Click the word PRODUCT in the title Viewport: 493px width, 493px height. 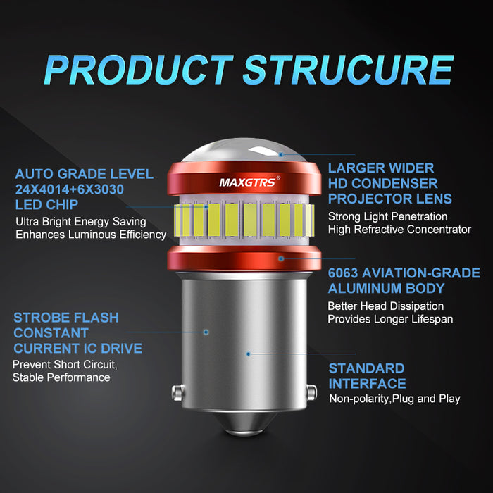point(139,70)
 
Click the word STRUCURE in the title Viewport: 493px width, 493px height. point(348,70)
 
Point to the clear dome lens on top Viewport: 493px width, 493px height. point(244,151)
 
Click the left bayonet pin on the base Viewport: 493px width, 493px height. point(177,392)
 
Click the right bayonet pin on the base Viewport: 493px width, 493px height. point(311,392)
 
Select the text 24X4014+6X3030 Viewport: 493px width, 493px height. point(70,189)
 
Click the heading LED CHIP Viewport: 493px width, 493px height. point(46,205)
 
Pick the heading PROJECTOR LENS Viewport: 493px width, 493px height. point(390,199)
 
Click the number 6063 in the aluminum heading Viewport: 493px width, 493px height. point(343,273)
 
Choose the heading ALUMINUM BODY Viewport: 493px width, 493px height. point(386,288)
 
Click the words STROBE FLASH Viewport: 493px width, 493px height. point(66,318)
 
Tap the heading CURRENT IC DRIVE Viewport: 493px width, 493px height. point(77,349)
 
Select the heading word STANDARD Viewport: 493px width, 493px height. point(366,368)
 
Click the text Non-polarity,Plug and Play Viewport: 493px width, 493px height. point(394,399)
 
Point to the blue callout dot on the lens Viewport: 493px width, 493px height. point(281,154)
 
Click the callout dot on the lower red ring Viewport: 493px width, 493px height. point(281,258)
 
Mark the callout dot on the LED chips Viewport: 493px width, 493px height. point(206,207)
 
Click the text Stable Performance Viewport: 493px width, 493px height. point(61,377)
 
